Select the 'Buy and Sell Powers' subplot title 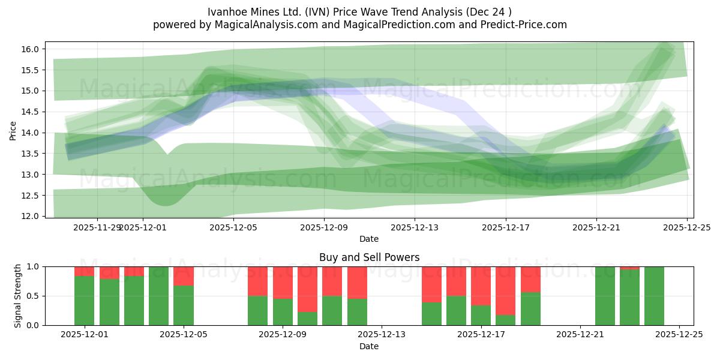pyautogui.click(x=369, y=257)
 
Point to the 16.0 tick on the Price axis pyautogui.click(x=34, y=49)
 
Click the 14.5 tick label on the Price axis pyautogui.click(x=34, y=112)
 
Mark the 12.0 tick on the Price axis pyautogui.click(x=34, y=216)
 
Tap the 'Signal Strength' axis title pyautogui.click(x=18, y=295)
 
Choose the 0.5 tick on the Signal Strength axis pyautogui.click(x=34, y=296)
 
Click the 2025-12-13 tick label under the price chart pyautogui.click(x=415, y=228)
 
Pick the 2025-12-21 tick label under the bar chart pyautogui.click(x=580, y=335)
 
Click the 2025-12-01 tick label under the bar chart pyautogui.click(x=85, y=335)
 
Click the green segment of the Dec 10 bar pyautogui.click(x=332, y=310)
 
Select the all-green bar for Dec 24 pyautogui.click(x=654, y=296)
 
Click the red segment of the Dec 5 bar pyautogui.click(x=184, y=276)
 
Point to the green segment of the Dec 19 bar pyautogui.click(x=530, y=308)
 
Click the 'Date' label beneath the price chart pyautogui.click(x=369, y=239)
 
